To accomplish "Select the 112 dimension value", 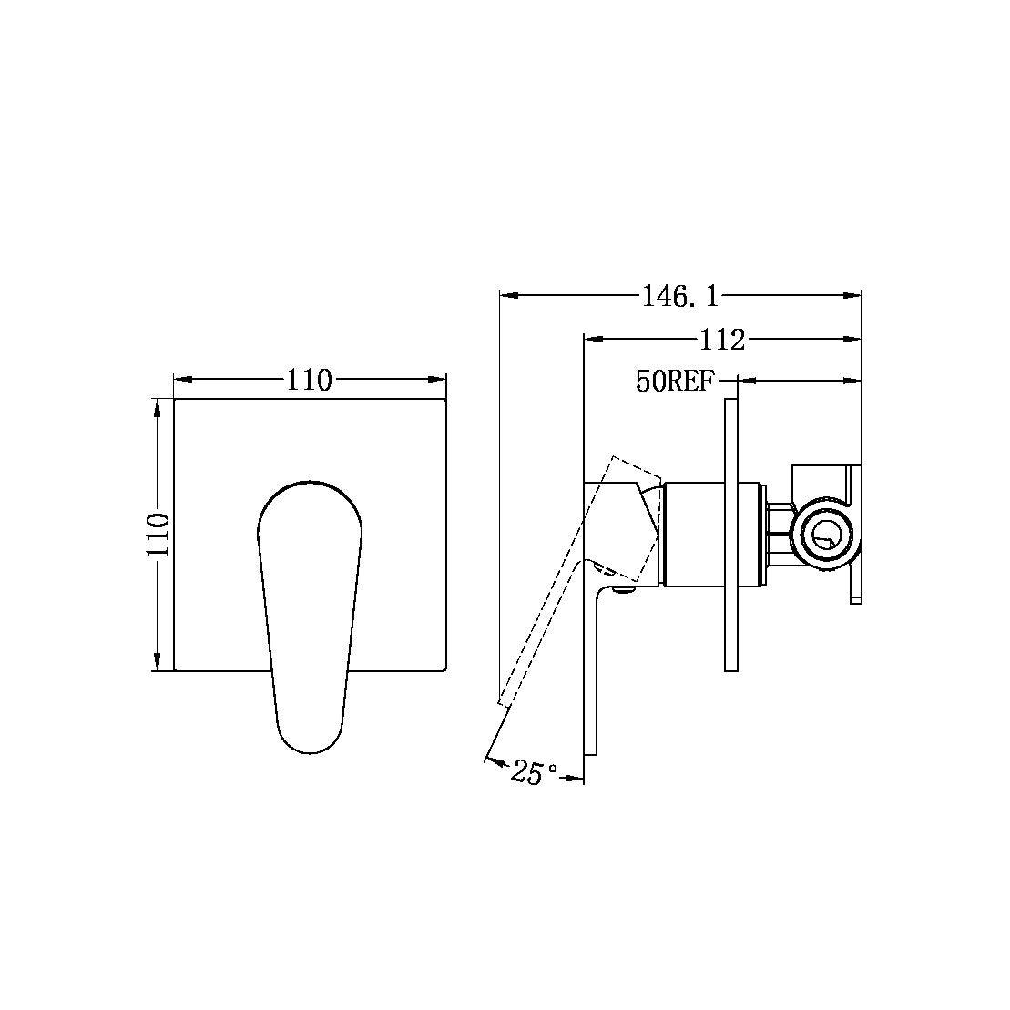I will (722, 340).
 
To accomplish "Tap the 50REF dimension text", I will (676, 382).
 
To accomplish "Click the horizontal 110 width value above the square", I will (309, 379).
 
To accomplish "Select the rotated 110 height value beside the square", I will (158, 535).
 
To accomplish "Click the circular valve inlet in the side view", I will (825, 536).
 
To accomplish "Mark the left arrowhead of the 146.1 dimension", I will (507, 295).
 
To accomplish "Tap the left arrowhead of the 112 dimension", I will (591, 340).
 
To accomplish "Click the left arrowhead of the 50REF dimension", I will (743, 381).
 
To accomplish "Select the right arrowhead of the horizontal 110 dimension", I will (438, 379).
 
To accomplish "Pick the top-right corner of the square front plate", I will (445, 399).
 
